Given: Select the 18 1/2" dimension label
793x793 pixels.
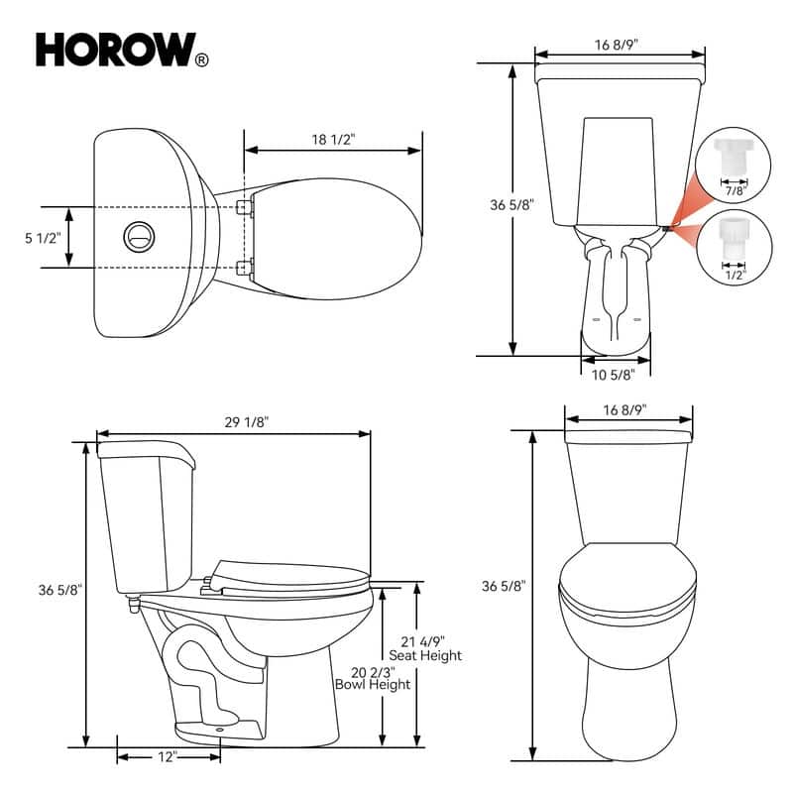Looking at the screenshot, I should coord(333,140).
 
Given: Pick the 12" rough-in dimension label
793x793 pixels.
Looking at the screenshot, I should coord(167,756).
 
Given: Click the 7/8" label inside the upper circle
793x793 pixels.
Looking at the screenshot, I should coord(735,188).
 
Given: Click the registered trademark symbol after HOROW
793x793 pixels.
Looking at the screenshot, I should coord(202,60).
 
